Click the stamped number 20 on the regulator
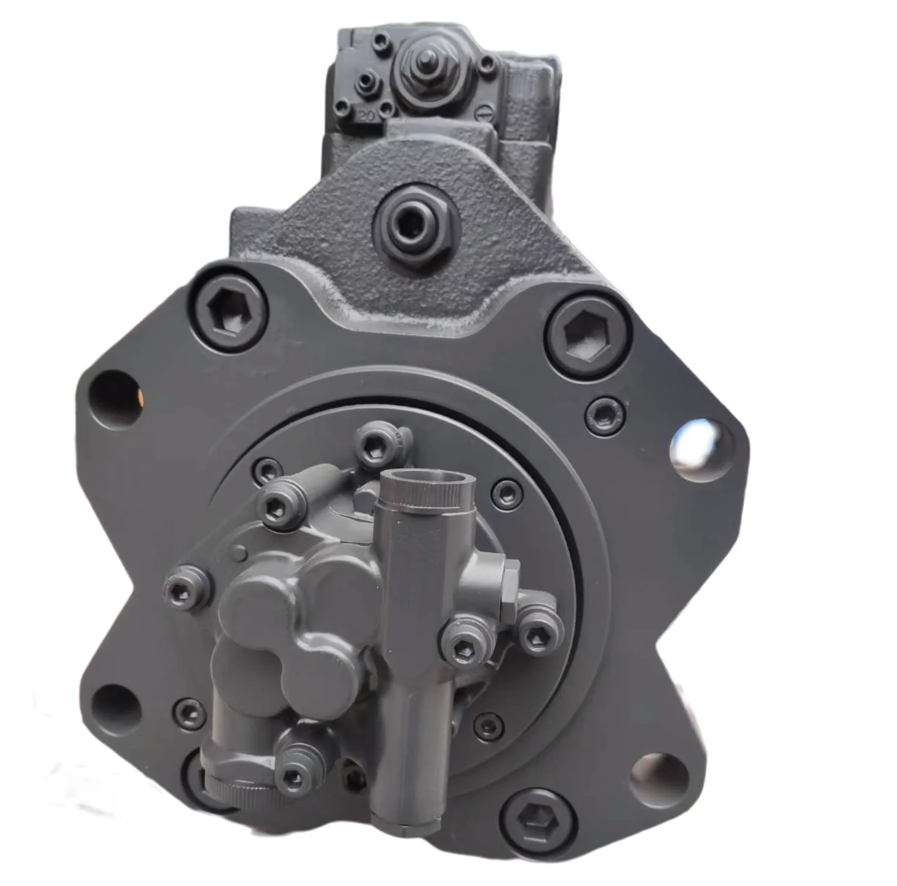coord(367,116)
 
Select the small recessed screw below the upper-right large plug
coord(603,411)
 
